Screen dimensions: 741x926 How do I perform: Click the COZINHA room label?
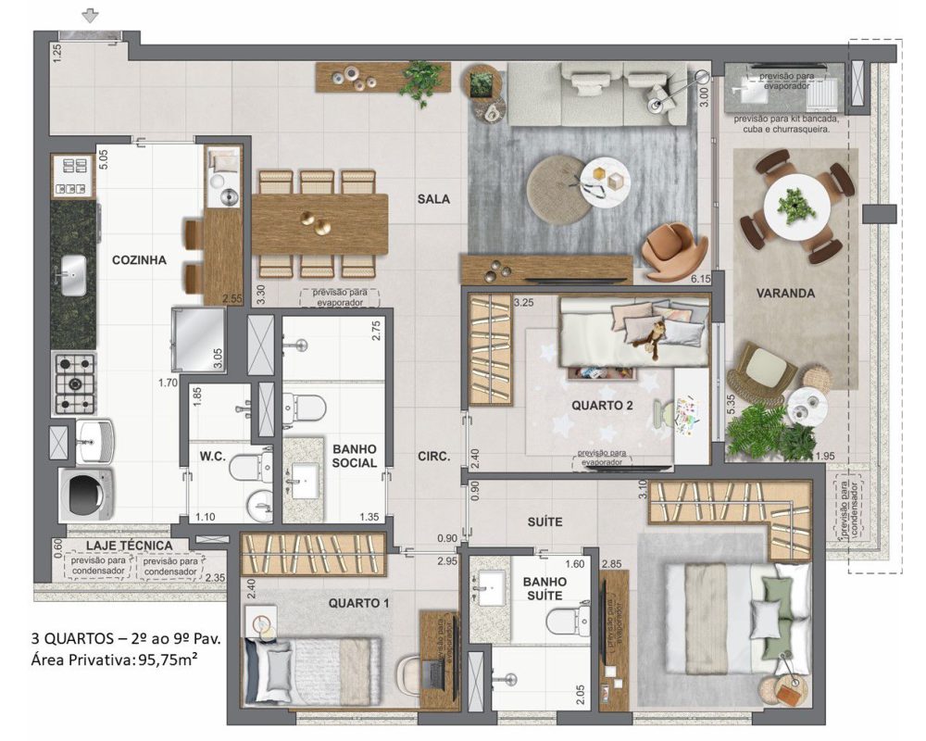140,260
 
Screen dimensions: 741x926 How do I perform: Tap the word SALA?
433,199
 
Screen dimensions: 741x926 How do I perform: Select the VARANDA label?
784,294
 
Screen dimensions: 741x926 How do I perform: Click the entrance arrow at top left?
90,15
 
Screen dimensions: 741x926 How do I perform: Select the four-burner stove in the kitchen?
74,383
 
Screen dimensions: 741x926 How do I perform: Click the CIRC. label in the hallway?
433,457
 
